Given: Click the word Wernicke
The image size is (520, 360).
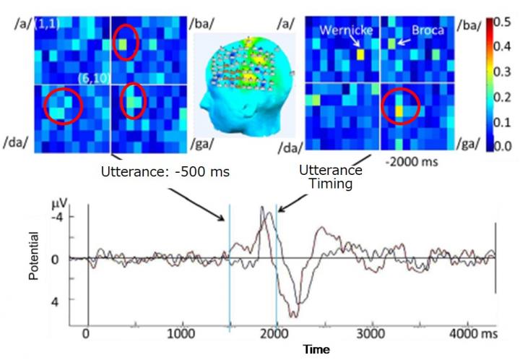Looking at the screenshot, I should pyautogui.click(x=344, y=31).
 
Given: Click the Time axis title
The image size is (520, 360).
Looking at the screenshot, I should pyautogui.click(x=316, y=349).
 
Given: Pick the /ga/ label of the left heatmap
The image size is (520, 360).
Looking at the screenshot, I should pyautogui.click(x=207, y=146).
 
